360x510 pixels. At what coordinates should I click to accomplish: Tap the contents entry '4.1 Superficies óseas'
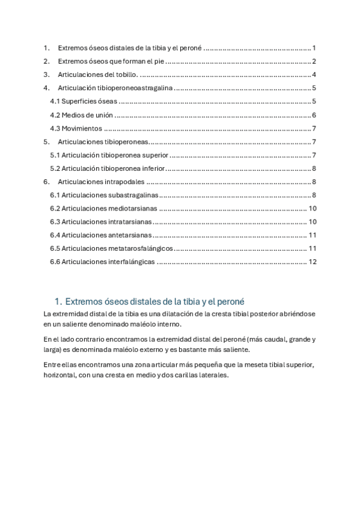[x=84, y=101]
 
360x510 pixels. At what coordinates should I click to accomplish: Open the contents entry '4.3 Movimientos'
[x=76, y=128]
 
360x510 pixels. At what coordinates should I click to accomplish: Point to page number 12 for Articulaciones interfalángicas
[x=312, y=262]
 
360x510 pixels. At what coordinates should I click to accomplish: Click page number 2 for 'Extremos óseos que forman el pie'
[x=314, y=61]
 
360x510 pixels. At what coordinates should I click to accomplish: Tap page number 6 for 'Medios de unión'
[x=314, y=115]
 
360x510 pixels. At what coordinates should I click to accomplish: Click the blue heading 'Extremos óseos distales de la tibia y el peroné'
[x=153, y=301]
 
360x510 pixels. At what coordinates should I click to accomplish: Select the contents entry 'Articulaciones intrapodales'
[x=102, y=182]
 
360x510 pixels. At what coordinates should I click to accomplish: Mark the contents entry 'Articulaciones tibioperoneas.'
[x=103, y=142]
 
